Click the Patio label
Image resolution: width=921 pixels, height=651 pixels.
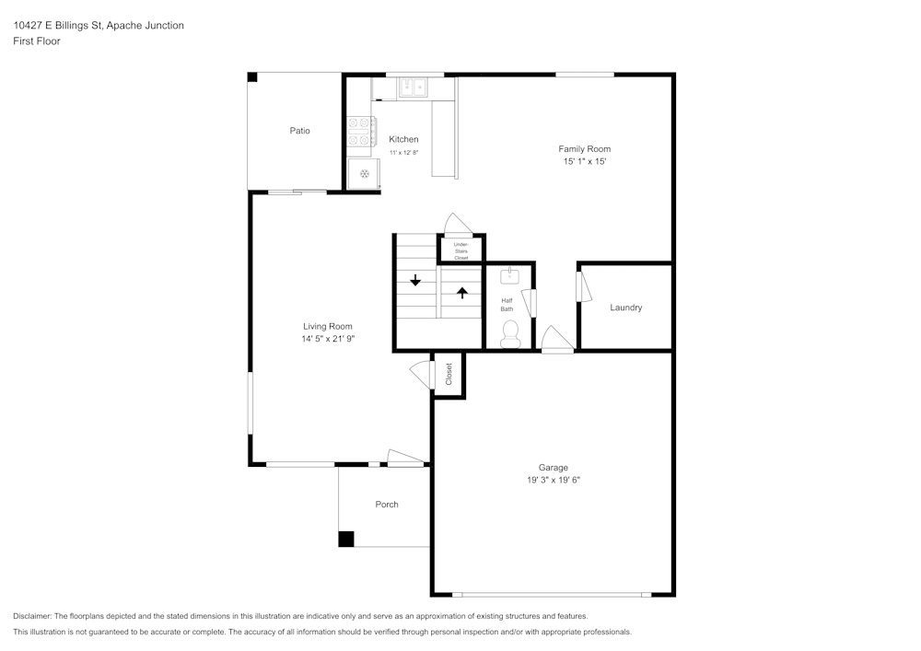click(299, 131)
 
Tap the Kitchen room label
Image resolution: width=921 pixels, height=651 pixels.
click(403, 139)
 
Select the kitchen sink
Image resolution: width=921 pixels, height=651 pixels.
click(412, 88)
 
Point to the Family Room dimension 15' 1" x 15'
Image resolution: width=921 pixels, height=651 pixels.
click(585, 161)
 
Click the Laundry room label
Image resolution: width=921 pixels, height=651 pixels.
click(625, 308)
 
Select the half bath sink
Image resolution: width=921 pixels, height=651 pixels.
click(510, 275)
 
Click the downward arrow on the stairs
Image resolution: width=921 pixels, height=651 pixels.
click(415, 280)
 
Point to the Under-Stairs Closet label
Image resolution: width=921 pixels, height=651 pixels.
click(460, 250)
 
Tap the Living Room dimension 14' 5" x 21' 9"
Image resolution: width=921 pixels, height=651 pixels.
click(328, 339)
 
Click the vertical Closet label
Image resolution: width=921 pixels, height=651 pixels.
click(449, 374)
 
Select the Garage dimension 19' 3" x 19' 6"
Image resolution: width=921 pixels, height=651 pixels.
click(553, 480)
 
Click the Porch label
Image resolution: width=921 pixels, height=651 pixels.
click(387, 504)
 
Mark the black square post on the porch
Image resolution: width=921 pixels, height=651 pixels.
click(346, 540)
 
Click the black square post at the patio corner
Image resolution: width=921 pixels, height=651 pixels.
click(252, 77)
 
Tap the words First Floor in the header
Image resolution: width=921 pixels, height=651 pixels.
click(37, 41)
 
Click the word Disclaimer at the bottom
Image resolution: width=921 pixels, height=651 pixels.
click(32, 616)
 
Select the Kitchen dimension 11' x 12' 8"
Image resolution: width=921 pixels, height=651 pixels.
click(403, 152)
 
